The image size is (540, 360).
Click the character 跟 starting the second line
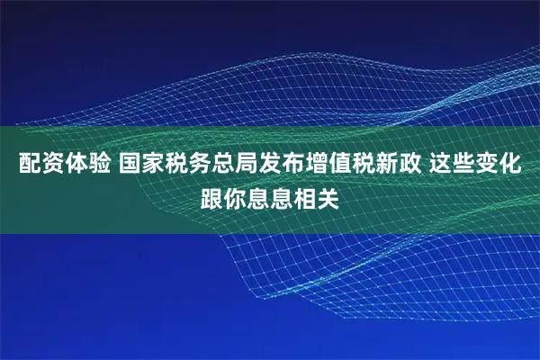click(211, 197)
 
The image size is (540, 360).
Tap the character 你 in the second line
click(235, 197)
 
